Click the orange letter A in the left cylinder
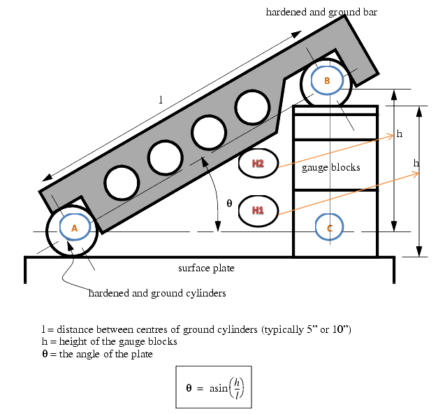[x=74, y=228]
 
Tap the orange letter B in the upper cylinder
[x=327, y=80]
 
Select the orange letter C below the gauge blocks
[x=330, y=228]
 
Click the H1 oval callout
[x=258, y=210]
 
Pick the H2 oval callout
[x=258, y=164]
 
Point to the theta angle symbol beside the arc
[x=229, y=203]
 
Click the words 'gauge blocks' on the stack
[x=330, y=167]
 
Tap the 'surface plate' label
[x=207, y=268]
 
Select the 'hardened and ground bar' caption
[x=321, y=12]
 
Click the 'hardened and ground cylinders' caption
[x=157, y=293]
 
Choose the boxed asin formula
[x=214, y=387]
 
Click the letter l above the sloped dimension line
[x=161, y=100]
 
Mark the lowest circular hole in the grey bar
[x=122, y=183]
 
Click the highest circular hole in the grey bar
[x=252, y=107]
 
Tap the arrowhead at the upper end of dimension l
[x=296, y=34]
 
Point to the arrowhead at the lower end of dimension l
[x=48, y=178]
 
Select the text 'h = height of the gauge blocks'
[x=110, y=341]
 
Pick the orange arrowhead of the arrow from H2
[x=390, y=136]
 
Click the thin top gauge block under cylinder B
[x=335, y=110]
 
